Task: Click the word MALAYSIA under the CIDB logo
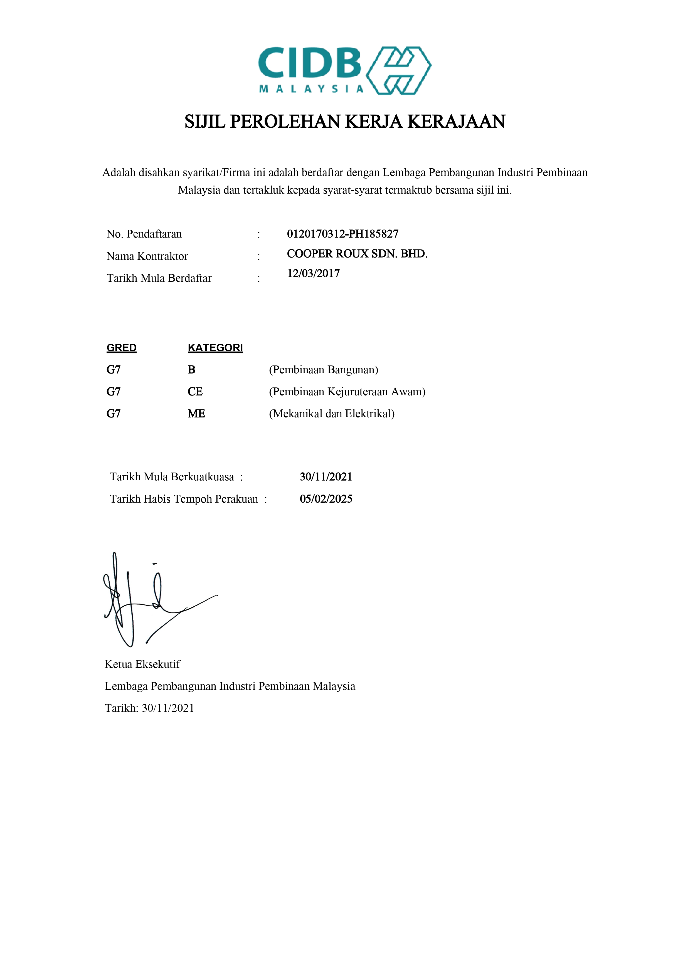click(x=311, y=89)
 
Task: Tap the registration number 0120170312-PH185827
click(x=343, y=234)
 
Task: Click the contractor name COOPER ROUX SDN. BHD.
click(x=357, y=254)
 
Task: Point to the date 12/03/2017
click(x=313, y=273)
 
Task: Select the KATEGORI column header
click(x=215, y=348)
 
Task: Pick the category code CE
click(x=195, y=392)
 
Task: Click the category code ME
click(x=196, y=414)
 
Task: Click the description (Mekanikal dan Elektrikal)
click(x=332, y=414)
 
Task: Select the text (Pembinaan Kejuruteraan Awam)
click(x=347, y=392)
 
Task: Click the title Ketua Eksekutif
click(x=142, y=664)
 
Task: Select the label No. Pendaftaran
click(x=144, y=234)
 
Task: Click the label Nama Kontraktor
click(x=147, y=256)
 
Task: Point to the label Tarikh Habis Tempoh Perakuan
click(x=184, y=499)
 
